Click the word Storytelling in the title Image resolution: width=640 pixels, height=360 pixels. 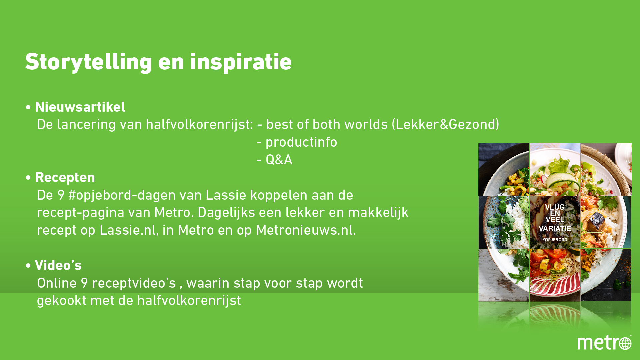[x=89, y=62]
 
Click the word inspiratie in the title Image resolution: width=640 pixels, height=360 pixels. [x=241, y=62]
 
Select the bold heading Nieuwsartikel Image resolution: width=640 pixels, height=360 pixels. [x=80, y=107]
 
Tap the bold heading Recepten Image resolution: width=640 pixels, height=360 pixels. [x=65, y=178]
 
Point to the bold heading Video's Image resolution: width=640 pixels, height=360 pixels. [x=58, y=265]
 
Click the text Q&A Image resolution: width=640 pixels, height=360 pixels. [x=279, y=160]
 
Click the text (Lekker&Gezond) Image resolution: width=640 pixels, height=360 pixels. [x=446, y=125]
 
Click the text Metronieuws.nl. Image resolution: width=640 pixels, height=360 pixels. [x=306, y=230]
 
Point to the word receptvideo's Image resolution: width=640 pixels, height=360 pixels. [x=134, y=283]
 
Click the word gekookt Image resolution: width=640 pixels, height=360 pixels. [x=62, y=301]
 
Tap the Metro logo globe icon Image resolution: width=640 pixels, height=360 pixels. [x=625, y=343]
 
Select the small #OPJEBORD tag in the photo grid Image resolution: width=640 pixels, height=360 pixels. [x=555, y=240]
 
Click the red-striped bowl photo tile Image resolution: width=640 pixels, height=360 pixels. [x=555, y=275]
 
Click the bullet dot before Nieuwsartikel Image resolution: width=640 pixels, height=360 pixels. [x=28, y=108]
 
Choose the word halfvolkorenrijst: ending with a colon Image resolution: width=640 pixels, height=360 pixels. [x=199, y=125]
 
